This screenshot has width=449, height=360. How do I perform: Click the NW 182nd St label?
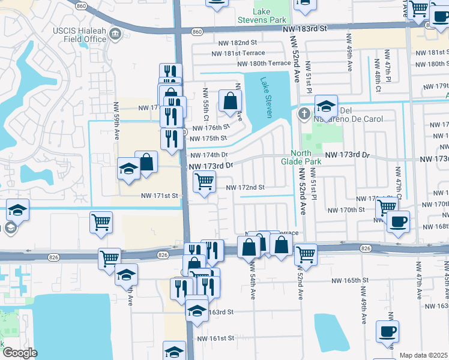pyautogui.click(x=234, y=43)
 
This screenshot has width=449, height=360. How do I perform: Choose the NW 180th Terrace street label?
pyautogui.click(x=264, y=64)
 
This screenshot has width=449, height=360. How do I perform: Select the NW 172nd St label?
pyautogui.click(x=245, y=187)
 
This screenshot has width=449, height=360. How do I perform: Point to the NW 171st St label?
pyautogui.click(x=160, y=196)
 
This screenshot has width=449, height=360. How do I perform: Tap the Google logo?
pyautogui.click(x=20, y=353)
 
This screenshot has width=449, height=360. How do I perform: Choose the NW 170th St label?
pyautogui.click(x=346, y=210)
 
